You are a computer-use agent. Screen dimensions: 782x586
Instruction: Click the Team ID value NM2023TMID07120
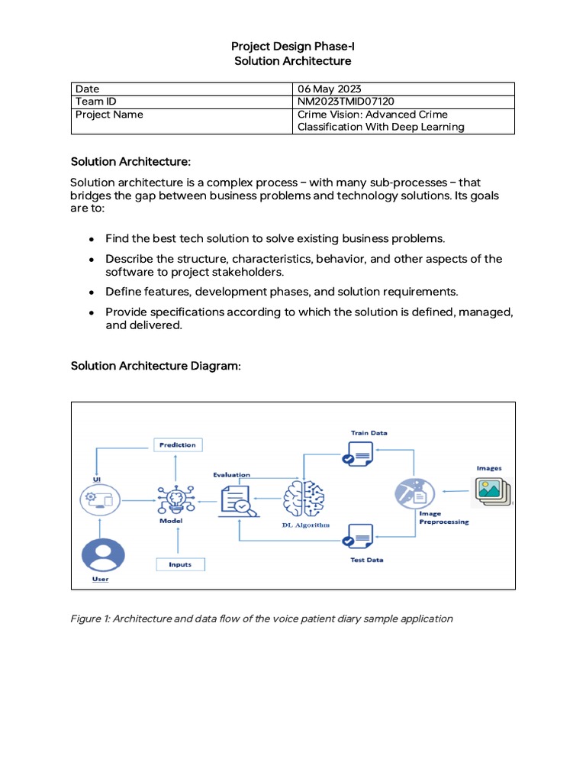click(346, 102)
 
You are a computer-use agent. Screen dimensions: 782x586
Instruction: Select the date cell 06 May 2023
click(329, 89)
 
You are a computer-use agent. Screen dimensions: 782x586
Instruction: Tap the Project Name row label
click(109, 115)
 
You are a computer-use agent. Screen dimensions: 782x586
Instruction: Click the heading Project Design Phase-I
click(293, 47)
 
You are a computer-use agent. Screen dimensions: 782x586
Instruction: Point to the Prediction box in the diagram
click(178, 444)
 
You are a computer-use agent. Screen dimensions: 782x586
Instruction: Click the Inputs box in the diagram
click(180, 564)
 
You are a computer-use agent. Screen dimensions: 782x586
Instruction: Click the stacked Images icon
click(493, 492)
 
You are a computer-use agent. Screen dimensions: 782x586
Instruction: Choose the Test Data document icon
click(357, 540)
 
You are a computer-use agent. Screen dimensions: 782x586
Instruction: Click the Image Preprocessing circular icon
click(414, 492)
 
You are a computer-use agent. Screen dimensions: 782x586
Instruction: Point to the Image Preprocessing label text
click(443, 519)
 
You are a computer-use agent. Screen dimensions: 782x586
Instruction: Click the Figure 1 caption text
click(262, 619)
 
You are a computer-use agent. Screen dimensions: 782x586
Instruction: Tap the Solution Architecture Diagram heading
click(156, 366)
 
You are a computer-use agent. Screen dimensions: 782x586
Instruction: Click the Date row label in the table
click(87, 89)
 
